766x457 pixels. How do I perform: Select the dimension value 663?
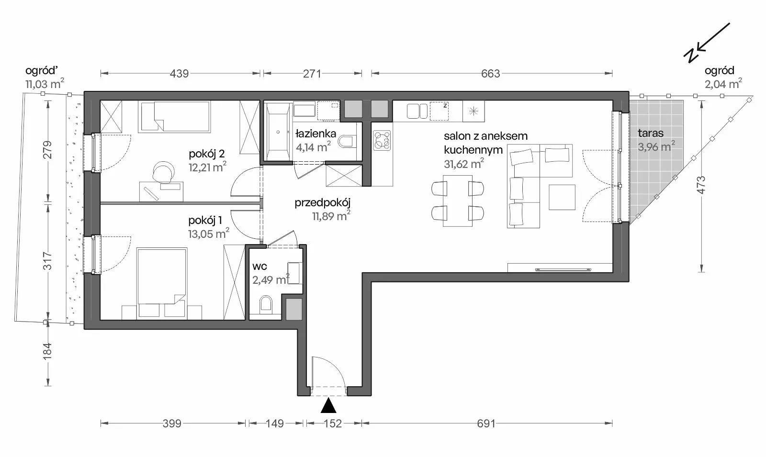click(x=490, y=74)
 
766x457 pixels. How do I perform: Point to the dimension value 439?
click(x=179, y=74)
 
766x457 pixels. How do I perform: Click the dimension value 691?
click(x=486, y=424)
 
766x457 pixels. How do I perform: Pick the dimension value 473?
click(x=701, y=185)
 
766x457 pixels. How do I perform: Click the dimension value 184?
click(x=47, y=351)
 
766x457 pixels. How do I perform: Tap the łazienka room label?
click(x=315, y=134)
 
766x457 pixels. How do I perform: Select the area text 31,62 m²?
click(x=464, y=164)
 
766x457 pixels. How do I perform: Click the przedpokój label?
click(x=323, y=203)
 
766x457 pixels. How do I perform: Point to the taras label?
click(x=651, y=133)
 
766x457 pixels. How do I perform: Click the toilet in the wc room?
click(x=266, y=304)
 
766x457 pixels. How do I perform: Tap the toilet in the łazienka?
click(x=347, y=141)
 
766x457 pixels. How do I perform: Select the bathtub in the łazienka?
click(x=278, y=132)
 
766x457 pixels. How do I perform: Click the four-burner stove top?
click(x=382, y=140)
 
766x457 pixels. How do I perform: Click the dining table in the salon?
click(x=458, y=201)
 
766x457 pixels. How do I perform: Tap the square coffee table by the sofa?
click(x=562, y=197)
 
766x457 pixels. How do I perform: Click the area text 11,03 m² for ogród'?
click(x=45, y=84)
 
